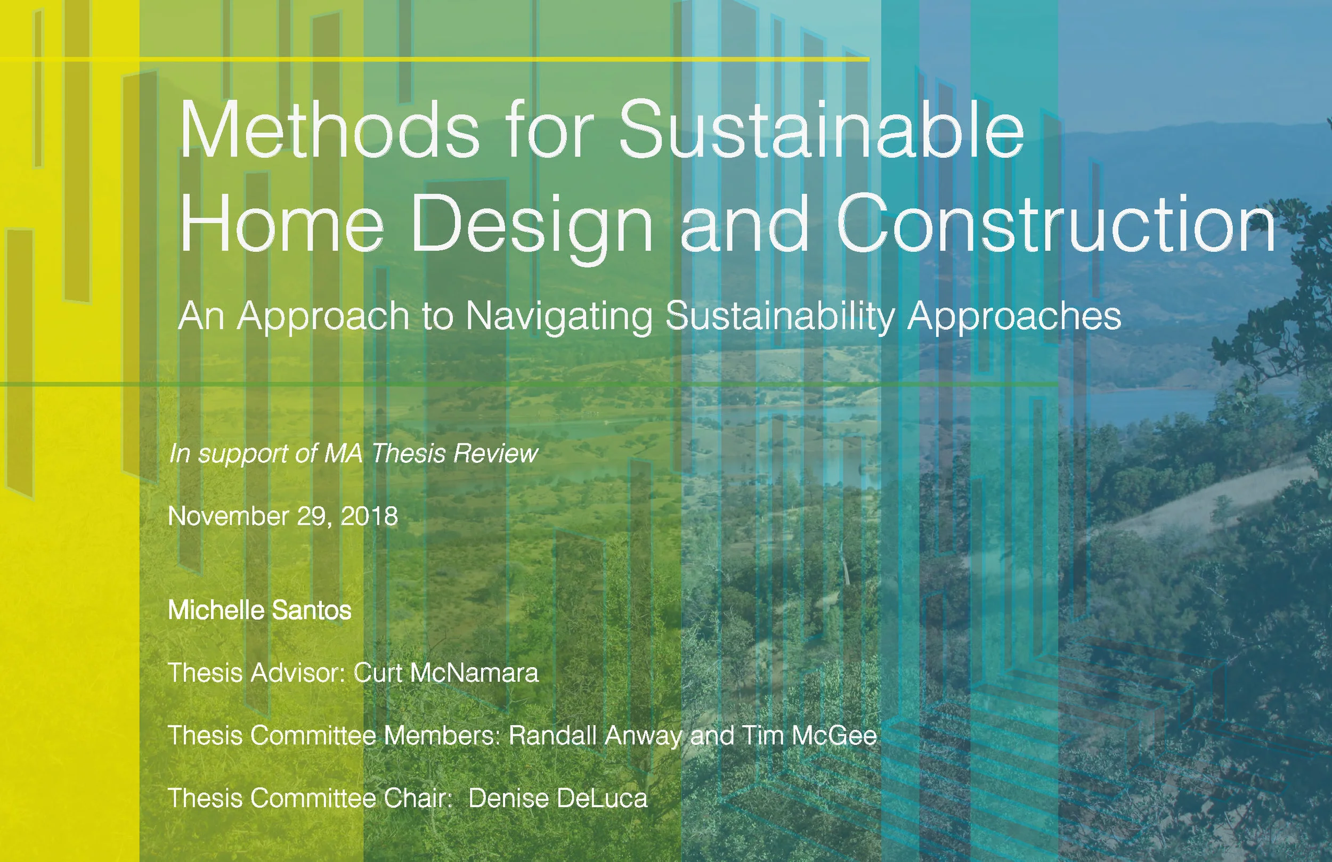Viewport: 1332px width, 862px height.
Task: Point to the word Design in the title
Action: point(532,224)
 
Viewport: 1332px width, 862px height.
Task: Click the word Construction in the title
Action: point(1055,224)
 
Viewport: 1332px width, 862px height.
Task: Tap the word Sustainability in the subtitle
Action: point(781,316)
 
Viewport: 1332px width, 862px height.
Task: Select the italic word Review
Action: point(496,453)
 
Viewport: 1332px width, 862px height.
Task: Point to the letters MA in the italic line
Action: point(343,453)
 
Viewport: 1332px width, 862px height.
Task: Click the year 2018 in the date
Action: point(369,516)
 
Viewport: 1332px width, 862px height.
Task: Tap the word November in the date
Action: point(228,516)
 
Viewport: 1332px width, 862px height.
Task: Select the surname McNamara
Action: point(474,673)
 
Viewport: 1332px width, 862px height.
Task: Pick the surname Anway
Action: point(644,736)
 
